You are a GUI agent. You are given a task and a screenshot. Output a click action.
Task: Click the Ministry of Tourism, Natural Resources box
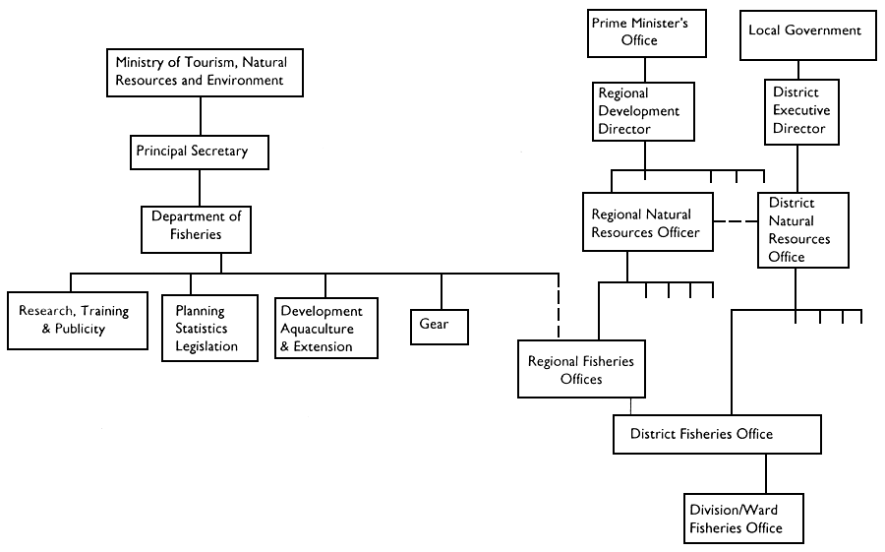pyautogui.click(x=202, y=71)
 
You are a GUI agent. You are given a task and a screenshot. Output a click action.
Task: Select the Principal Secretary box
pyautogui.click(x=200, y=152)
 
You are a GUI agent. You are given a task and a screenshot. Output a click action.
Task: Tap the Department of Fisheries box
pyautogui.click(x=196, y=227)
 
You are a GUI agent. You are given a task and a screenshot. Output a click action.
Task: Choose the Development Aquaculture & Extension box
pyautogui.click(x=324, y=329)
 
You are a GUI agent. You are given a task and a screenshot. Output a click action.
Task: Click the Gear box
pyautogui.click(x=440, y=326)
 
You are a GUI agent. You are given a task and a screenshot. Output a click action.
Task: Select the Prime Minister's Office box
pyautogui.click(x=646, y=32)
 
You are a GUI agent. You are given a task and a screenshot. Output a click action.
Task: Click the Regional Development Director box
pyautogui.click(x=645, y=111)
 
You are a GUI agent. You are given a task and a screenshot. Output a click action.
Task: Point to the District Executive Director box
pyautogui.click(x=801, y=111)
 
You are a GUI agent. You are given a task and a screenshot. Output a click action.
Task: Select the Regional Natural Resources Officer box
pyautogui.click(x=646, y=223)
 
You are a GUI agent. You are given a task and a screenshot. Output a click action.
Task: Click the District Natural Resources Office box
pyautogui.click(x=802, y=229)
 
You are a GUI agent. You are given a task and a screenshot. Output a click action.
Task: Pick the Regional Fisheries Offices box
pyautogui.click(x=581, y=369)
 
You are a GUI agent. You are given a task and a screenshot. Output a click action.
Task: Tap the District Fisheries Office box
pyautogui.click(x=716, y=434)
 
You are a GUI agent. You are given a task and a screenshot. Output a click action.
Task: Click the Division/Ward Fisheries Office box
pyautogui.click(x=744, y=519)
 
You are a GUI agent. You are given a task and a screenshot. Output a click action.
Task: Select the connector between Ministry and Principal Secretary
pyautogui.click(x=201, y=116)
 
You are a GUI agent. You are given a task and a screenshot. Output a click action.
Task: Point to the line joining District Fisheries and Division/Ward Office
pyautogui.click(x=765, y=473)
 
